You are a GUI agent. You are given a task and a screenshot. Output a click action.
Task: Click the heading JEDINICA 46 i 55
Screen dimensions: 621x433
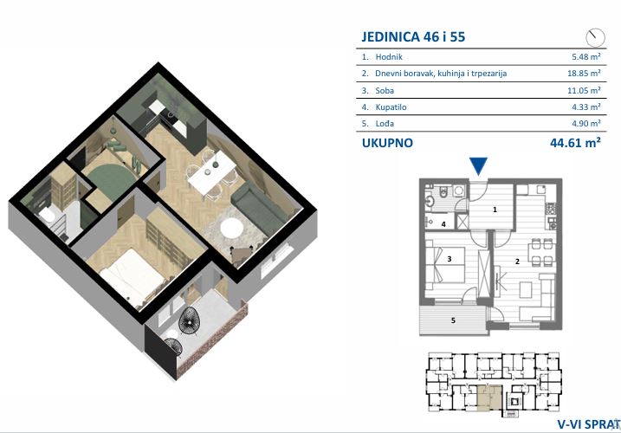click(x=413, y=37)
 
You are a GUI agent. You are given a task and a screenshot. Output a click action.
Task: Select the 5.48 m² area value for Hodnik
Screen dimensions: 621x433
click(x=586, y=56)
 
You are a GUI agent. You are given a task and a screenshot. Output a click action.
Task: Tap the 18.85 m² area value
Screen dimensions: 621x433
click(x=584, y=74)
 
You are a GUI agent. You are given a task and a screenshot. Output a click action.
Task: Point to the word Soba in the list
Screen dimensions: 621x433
click(x=385, y=90)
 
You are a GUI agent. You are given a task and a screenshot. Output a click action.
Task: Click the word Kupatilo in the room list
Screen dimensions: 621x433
click(x=391, y=107)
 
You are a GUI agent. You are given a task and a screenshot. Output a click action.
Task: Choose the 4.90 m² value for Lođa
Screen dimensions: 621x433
click(x=586, y=123)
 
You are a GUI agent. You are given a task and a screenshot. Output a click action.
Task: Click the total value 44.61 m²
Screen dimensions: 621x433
click(x=575, y=143)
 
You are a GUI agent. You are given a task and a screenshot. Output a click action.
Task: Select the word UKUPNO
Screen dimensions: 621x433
click(x=387, y=143)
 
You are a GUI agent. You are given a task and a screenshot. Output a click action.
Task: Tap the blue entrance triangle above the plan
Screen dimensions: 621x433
click(x=478, y=165)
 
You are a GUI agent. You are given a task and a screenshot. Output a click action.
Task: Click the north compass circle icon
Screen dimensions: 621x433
click(x=595, y=38)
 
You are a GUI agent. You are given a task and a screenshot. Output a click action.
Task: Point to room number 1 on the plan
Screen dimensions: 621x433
click(x=495, y=210)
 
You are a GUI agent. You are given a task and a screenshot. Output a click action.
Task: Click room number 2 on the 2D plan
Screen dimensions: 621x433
click(x=517, y=262)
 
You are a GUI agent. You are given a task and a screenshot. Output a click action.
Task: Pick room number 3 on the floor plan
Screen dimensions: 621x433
click(x=450, y=259)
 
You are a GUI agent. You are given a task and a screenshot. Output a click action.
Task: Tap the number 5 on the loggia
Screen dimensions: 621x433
click(x=454, y=320)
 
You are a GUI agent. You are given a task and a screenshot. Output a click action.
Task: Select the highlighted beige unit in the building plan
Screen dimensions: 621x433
click(x=490, y=397)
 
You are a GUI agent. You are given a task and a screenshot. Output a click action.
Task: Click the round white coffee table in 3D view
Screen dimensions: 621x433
click(x=231, y=228)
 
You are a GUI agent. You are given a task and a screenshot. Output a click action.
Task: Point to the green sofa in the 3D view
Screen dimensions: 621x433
click(x=258, y=209)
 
